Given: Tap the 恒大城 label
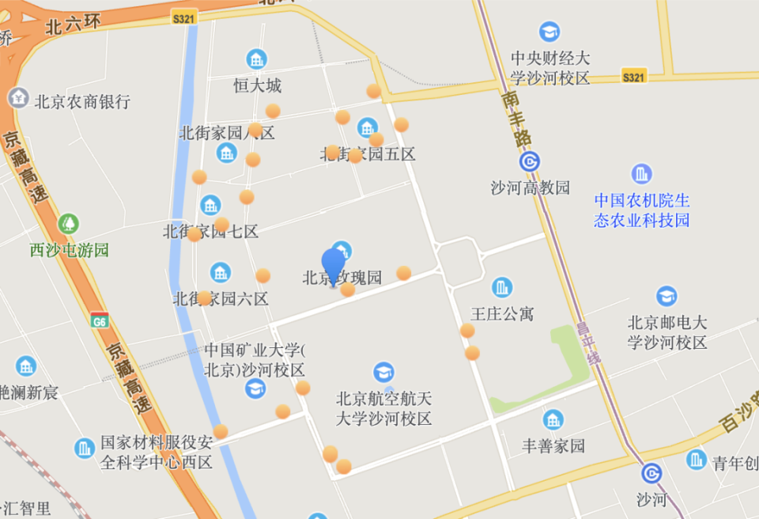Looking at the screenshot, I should pos(257,85).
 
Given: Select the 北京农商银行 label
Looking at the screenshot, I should pos(82,102).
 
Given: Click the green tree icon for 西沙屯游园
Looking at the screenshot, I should pos(70,224).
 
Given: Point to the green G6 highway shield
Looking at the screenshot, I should pos(100,321).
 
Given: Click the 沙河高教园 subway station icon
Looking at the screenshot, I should pos(530,162).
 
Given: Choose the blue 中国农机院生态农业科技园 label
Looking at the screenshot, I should pos(642,210).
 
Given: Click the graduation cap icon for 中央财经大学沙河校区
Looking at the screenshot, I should pos(549,32).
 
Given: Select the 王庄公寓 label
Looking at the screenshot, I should pos(502,314).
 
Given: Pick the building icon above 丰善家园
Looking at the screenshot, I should pos(553,420).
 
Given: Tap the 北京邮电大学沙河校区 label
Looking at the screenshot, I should pos(667,332).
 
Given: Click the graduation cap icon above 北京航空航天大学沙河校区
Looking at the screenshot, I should pos(384,373).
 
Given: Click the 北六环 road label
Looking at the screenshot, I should pos(74,25).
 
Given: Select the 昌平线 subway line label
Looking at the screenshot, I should pos(588,343).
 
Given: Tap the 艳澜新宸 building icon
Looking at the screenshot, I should pos(26,366).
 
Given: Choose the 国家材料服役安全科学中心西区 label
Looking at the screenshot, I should pos(157,452).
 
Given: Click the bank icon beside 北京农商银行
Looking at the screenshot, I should pos(17,98).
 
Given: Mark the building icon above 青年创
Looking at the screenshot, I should pos(697,459).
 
